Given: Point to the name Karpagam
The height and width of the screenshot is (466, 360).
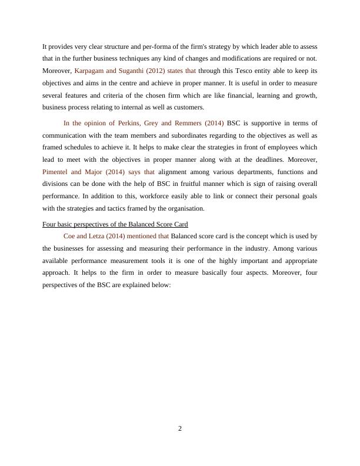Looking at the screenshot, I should [91, 70].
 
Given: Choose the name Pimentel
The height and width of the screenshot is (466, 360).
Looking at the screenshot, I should [58, 172].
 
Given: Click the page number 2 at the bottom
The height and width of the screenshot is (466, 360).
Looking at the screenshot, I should [180, 429].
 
